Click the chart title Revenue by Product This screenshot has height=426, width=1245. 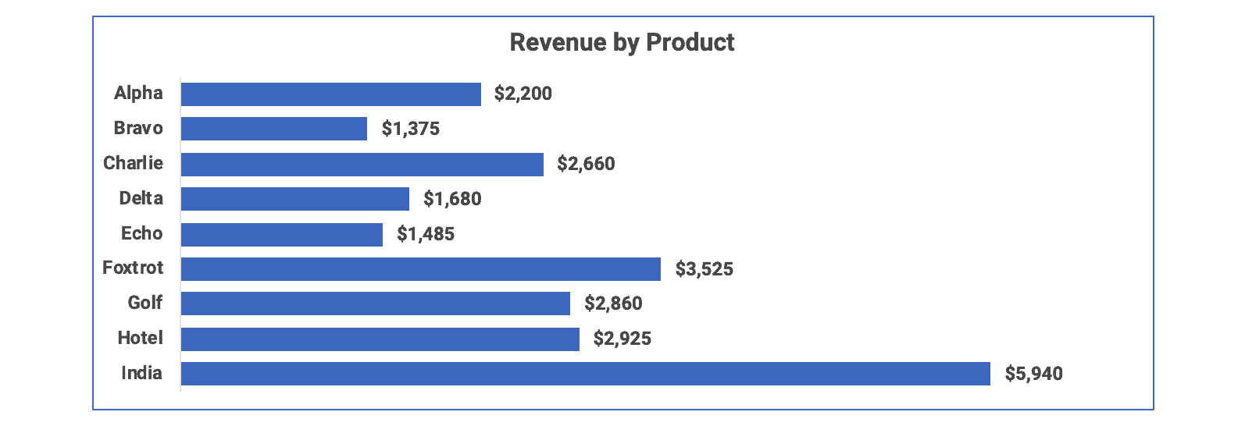click(622, 42)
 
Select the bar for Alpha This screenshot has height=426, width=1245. click(330, 94)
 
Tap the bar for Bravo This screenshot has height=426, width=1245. click(273, 129)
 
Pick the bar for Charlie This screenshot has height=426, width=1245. click(362, 164)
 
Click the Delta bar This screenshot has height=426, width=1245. click(294, 199)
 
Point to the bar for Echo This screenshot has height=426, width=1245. click(281, 234)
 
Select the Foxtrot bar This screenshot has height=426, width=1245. click(420, 269)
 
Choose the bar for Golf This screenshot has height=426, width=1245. click(375, 304)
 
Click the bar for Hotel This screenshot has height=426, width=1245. click(380, 339)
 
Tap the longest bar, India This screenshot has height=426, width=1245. click(585, 374)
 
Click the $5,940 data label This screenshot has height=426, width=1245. click(1033, 375)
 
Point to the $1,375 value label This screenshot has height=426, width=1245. click(410, 130)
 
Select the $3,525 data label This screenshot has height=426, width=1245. click(704, 270)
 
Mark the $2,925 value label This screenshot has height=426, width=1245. click(622, 339)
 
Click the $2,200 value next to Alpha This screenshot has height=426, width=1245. click(523, 94)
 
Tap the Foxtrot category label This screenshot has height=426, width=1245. click(133, 268)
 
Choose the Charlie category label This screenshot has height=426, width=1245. click(133, 163)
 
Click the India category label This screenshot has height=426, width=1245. click(141, 373)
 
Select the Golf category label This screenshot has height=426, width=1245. click(144, 303)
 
